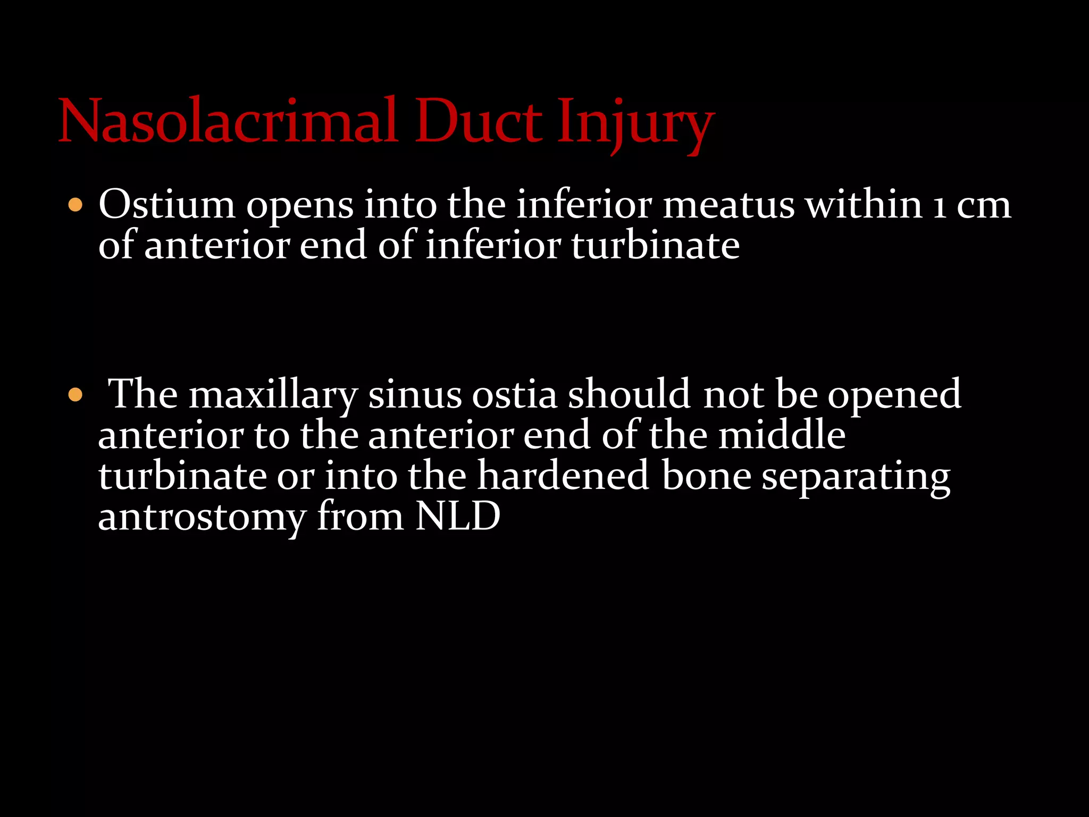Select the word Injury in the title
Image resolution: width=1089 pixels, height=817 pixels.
(x=635, y=123)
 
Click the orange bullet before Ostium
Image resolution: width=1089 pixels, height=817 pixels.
(x=76, y=205)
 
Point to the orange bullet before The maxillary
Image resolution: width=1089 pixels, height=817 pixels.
(x=76, y=395)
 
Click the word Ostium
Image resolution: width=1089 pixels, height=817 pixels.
(x=166, y=205)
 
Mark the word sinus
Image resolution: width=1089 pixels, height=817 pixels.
(x=415, y=395)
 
